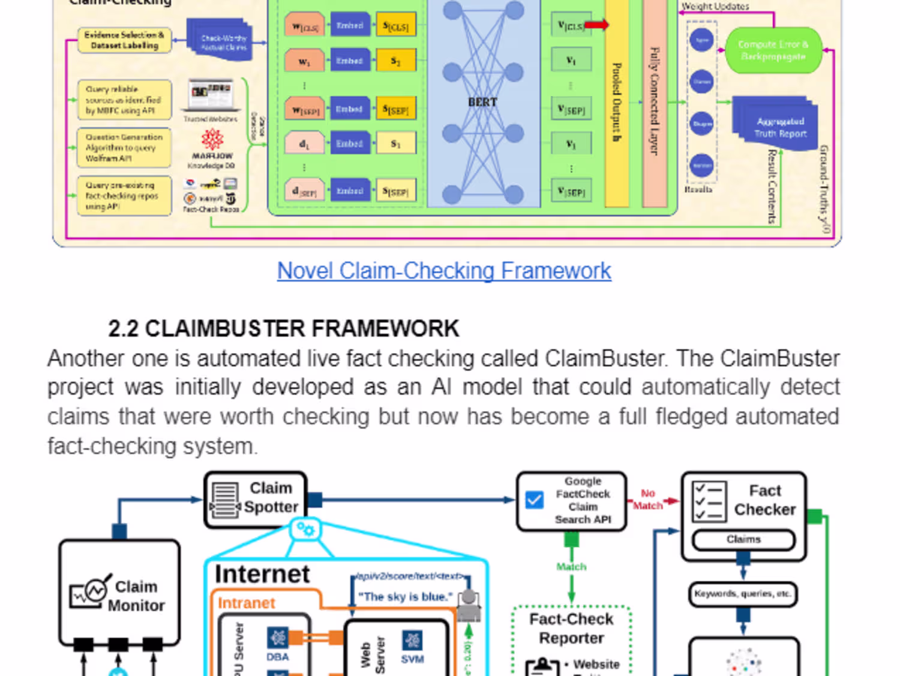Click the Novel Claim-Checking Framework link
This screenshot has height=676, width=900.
[444, 271]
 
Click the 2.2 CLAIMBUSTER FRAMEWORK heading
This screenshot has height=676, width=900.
[283, 328]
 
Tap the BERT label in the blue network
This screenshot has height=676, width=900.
[482, 102]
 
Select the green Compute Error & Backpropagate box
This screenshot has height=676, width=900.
[773, 50]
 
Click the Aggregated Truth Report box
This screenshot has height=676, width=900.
[779, 127]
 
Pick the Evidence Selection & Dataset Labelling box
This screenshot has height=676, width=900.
[124, 40]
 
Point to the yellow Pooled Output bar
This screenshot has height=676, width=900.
[617, 102]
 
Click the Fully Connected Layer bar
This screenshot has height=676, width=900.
[655, 102]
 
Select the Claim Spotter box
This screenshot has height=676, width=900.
[256, 499]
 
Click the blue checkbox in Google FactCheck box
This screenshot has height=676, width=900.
[534, 500]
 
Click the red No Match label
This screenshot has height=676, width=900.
[648, 499]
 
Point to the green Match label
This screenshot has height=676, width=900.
[571, 567]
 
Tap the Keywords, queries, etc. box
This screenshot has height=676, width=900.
[743, 594]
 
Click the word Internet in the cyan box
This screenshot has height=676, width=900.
[262, 575]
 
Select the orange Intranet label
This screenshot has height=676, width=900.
[246, 603]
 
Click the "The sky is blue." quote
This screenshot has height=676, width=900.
[406, 597]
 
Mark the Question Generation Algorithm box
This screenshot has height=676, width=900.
[124, 148]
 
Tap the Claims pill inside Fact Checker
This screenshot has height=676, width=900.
[743, 540]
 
